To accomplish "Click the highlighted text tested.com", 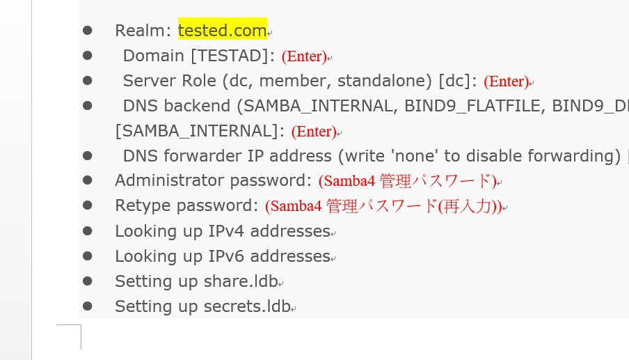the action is coord(222,31).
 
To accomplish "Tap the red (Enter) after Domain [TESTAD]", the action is coord(304,56).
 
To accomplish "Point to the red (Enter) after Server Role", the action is coord(506,81).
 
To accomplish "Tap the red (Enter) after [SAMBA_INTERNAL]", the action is coord(313,132).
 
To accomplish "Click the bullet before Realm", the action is coord(87,31).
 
